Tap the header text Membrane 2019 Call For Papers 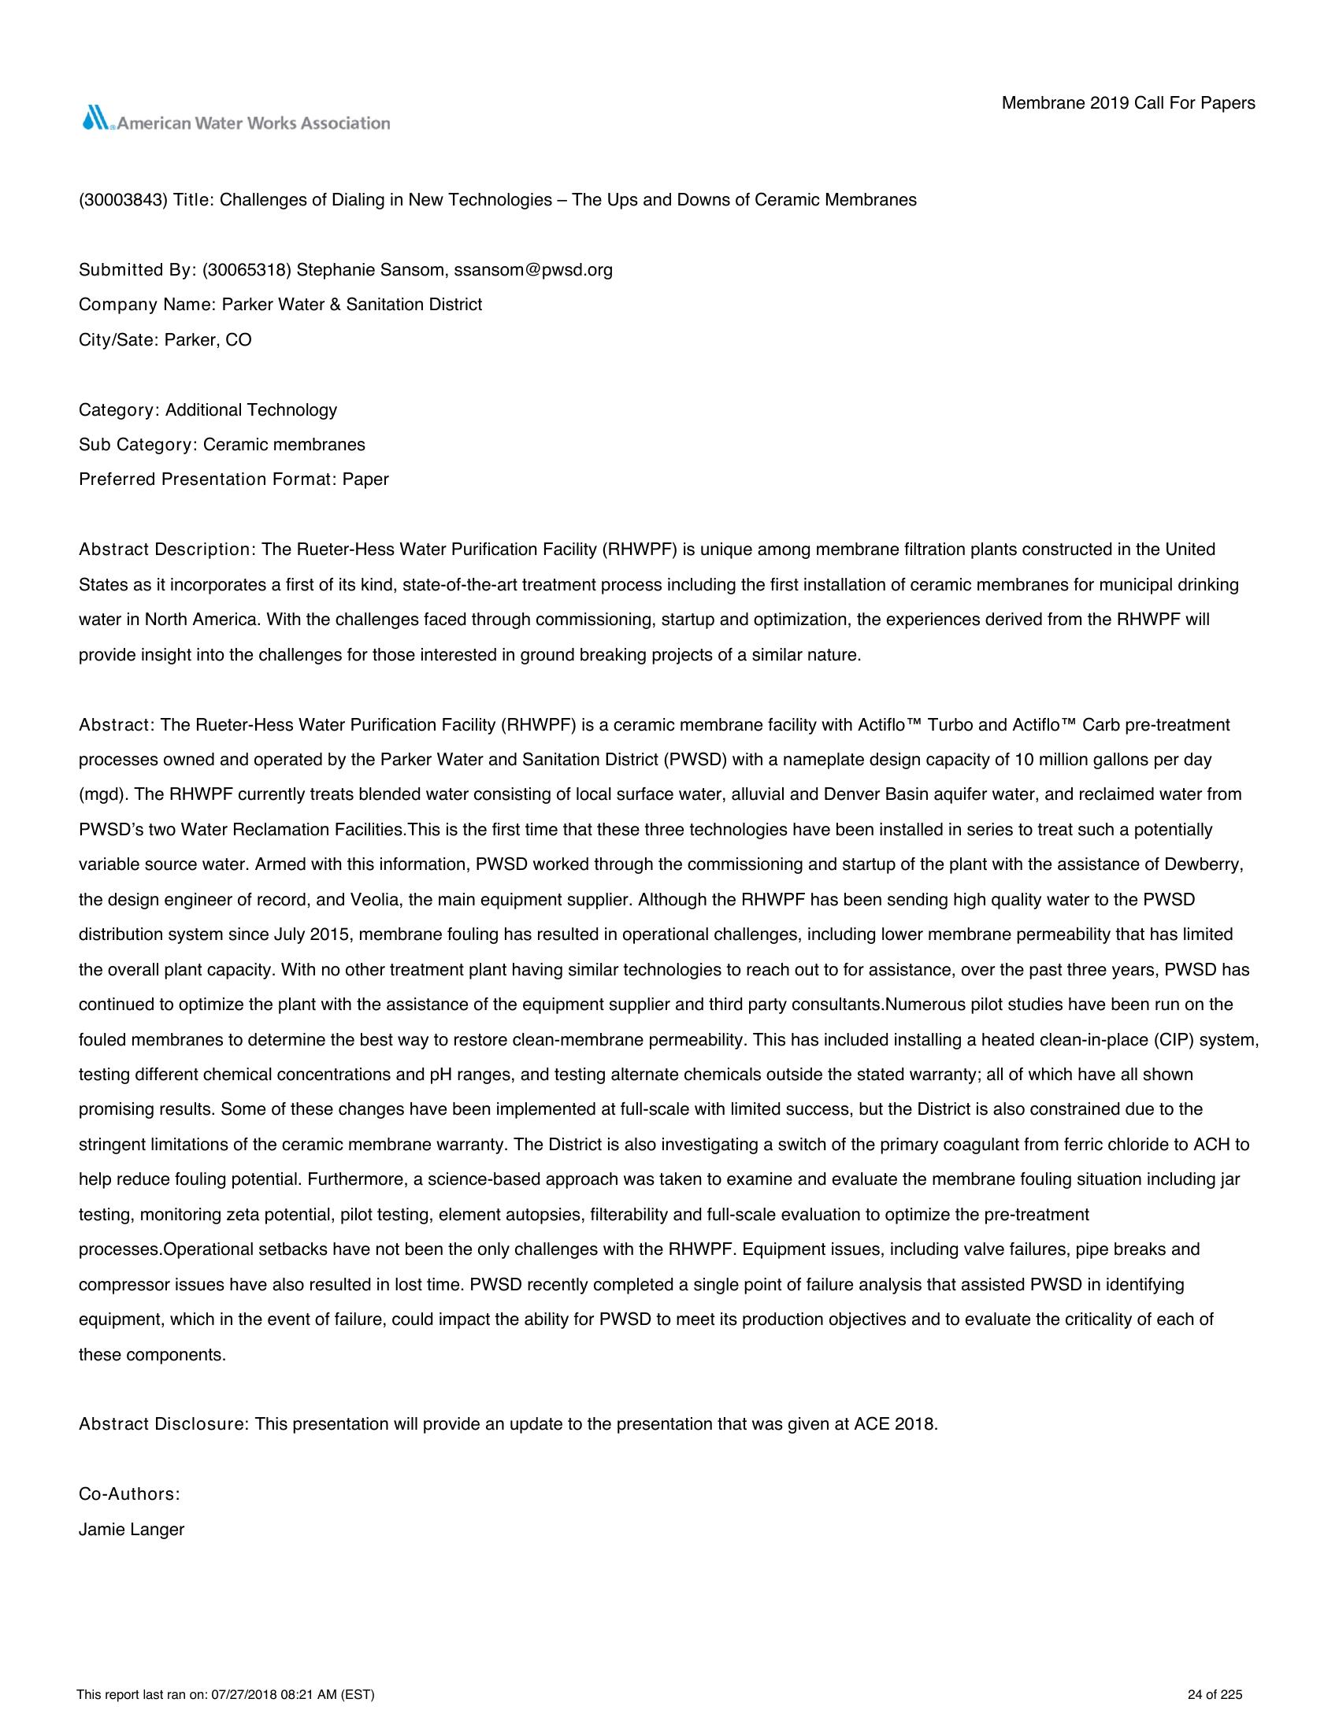[1128, 103]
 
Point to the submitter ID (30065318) [247, 270]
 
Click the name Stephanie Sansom [369, 270]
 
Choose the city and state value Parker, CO [208, 340]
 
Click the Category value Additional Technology [250, 410]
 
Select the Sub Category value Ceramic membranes [284, 445]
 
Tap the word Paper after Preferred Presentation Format [365, 479]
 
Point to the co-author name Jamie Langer [132, 1530]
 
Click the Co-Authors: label [129, 1494]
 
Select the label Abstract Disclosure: [164, 1424]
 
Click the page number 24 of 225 [1215, 1696]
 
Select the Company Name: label [147, 305]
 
